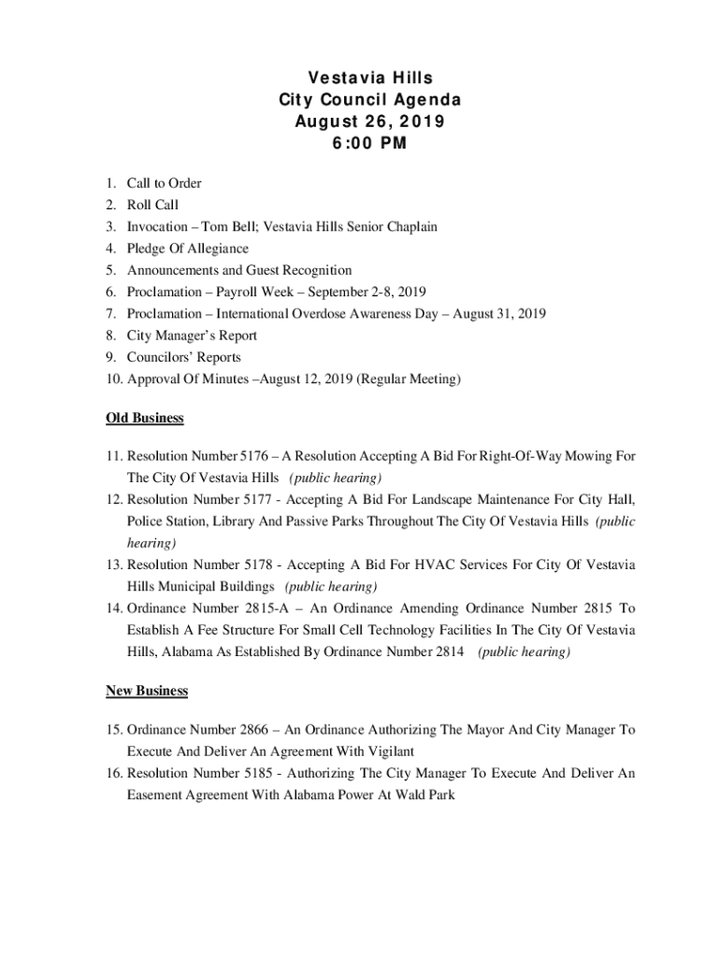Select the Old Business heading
pyautogui.click(x=145, y=418)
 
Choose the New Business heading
pyautogui.click(x=147, y=691)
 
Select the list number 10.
pyautogui.click(x=112, y=379)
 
